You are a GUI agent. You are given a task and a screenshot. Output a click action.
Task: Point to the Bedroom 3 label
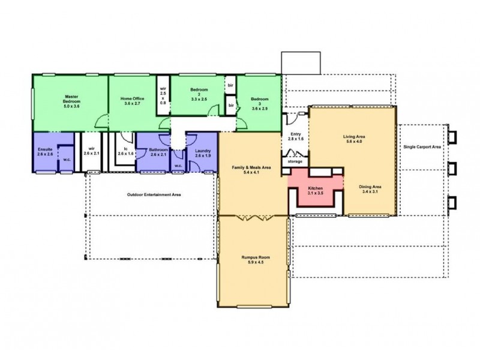[x=260, y=103]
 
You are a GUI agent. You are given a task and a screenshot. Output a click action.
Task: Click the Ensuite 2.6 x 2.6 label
[x=46, y=151]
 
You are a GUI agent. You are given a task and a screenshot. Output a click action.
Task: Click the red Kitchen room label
[x=316, y=190]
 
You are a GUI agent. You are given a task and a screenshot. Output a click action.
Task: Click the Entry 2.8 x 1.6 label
[x=296, y=136]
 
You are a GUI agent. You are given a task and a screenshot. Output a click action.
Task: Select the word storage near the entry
[x=295, y=161]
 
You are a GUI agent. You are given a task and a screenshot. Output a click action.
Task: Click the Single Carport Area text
[x=422, y=146]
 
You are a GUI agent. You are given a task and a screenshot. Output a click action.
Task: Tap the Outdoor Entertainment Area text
[x=154, y=195]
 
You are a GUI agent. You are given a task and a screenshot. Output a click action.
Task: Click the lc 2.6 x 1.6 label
[x=125, y=151]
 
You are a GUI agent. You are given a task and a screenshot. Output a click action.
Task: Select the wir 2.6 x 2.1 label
[x=91, y=151]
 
